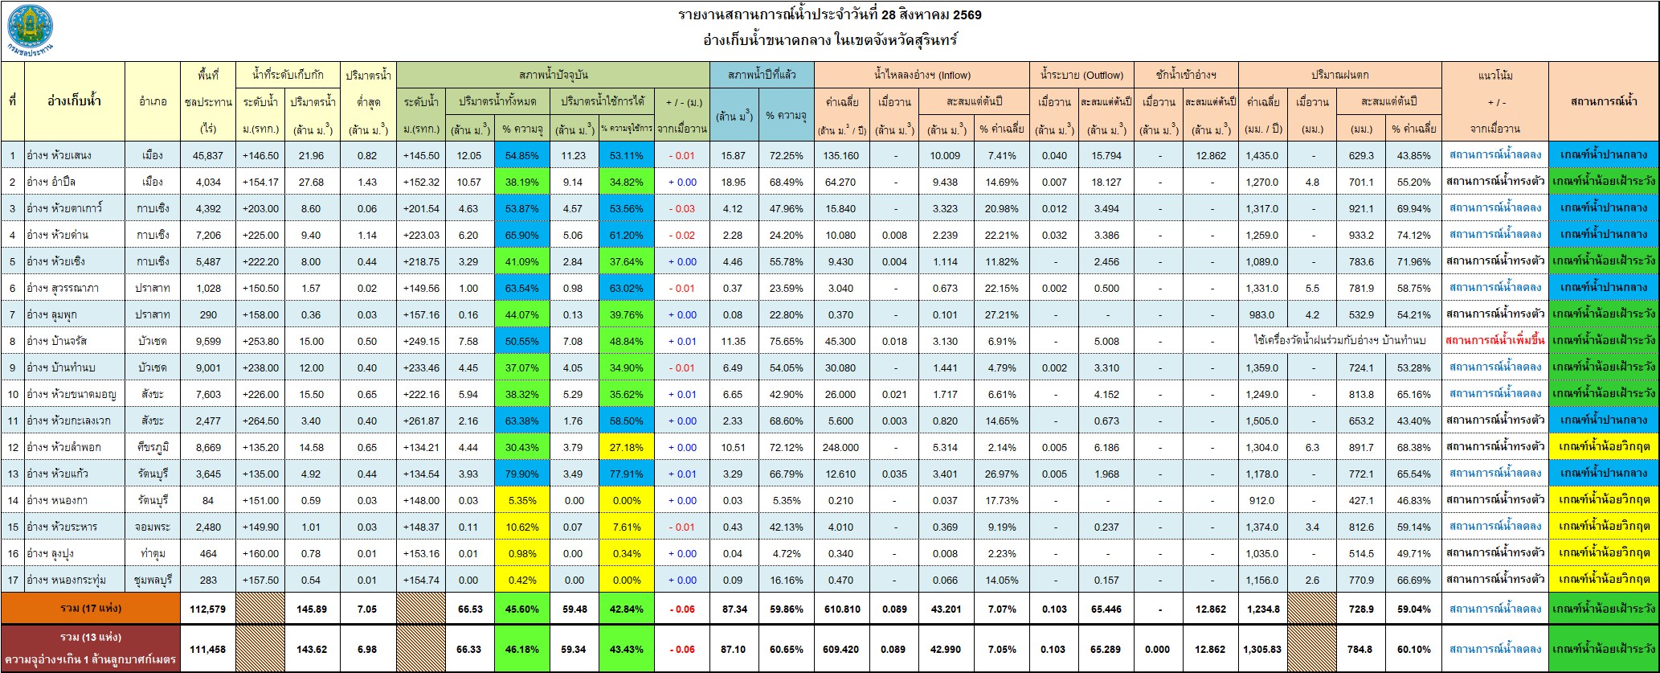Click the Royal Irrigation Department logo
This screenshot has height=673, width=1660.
(31, 30)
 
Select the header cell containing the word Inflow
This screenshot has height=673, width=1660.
(922, 75)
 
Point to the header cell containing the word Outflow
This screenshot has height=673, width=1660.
(1081, 75)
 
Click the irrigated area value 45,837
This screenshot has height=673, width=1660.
(208, 155)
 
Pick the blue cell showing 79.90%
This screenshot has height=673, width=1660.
(521, 474)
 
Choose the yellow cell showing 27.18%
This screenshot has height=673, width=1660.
(626, 447)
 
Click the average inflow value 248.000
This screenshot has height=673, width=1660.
(840, 447)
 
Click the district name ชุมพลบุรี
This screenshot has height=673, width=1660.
(153, 580)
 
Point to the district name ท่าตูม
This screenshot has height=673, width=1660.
(153, 553)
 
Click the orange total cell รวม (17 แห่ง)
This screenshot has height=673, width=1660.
(91, 609)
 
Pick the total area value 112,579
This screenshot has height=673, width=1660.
(208, 609)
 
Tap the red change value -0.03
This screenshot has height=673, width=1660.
(681, 208)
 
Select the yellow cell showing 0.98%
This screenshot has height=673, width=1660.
(521, 553)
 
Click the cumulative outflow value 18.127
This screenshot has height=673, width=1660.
(1106, 182)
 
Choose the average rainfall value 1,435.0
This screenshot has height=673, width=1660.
(1262, 155)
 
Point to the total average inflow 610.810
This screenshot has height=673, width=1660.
(840, 609)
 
